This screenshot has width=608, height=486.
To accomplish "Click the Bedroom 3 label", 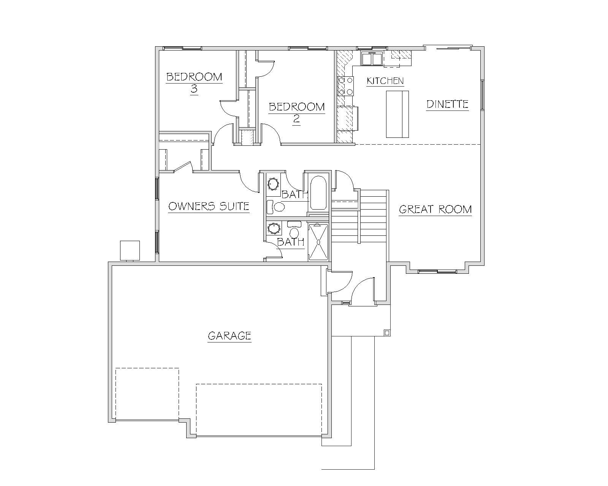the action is point(194,83).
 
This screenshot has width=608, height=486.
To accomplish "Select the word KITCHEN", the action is point(385,81).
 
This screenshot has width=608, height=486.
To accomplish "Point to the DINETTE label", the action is point(447,104).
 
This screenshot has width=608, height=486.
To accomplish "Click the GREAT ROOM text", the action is point(435,210).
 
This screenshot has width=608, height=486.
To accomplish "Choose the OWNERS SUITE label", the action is point(209,207).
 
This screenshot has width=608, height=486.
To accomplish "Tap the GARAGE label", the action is point(230,336).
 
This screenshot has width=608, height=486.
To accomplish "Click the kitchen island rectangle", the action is point(397,114).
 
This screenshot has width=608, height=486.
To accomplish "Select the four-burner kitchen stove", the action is point(345,86).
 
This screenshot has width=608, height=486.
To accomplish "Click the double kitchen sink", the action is point(372,59).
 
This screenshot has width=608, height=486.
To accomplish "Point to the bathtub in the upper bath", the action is point(318,193).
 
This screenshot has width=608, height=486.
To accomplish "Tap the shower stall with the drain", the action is point(318,242).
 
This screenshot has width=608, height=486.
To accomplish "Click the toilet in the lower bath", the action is point(294,230).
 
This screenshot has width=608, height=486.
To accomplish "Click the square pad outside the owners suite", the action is point(130,251).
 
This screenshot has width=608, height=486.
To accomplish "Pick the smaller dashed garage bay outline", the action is point(147,394).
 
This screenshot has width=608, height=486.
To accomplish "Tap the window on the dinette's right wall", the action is point(483,95).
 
